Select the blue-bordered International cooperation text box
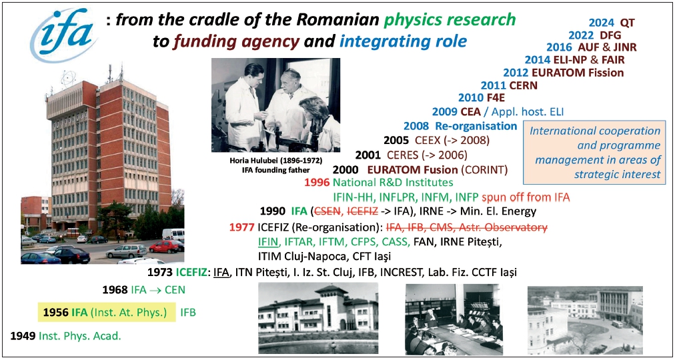point(594,152)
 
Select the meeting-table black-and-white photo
point(454,319)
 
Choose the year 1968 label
point(115,289)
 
